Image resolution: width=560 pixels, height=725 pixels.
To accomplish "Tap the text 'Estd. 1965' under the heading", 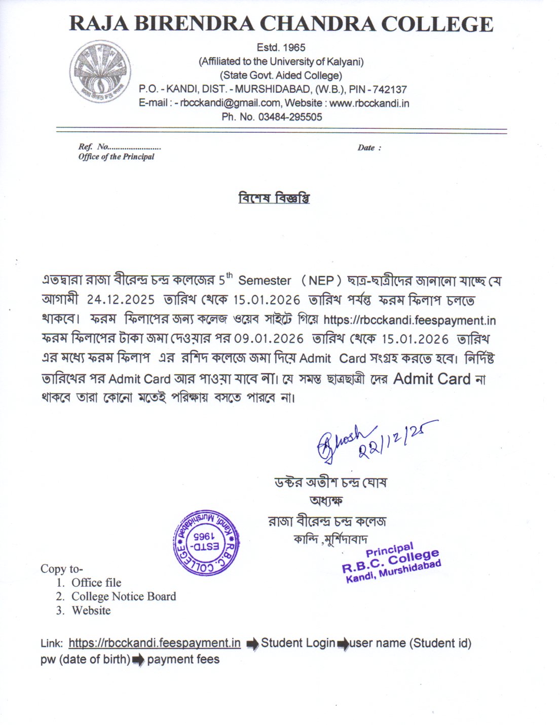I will (x=281, y=48).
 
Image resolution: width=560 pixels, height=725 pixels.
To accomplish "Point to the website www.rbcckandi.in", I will (x=369, y=103).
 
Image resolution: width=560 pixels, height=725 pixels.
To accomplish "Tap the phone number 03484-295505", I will (x=290, y=117).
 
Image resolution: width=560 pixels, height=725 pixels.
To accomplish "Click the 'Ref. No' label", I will (x=93, y=147).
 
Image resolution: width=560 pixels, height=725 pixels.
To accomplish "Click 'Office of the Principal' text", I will (x=116, y=157).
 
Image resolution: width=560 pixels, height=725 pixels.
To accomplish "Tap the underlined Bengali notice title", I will (x=274, y=198).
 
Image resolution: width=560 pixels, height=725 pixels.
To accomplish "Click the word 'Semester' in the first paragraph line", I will (x=265, y=280).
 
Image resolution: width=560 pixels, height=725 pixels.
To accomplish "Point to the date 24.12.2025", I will (x=121, y=300).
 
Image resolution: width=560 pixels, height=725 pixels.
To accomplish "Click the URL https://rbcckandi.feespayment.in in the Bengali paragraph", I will (x=409, y=320).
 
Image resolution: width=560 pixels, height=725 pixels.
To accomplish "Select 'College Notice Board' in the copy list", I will (x=124, y=597).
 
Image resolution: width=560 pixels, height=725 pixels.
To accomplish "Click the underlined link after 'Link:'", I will (x=155, y=643).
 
